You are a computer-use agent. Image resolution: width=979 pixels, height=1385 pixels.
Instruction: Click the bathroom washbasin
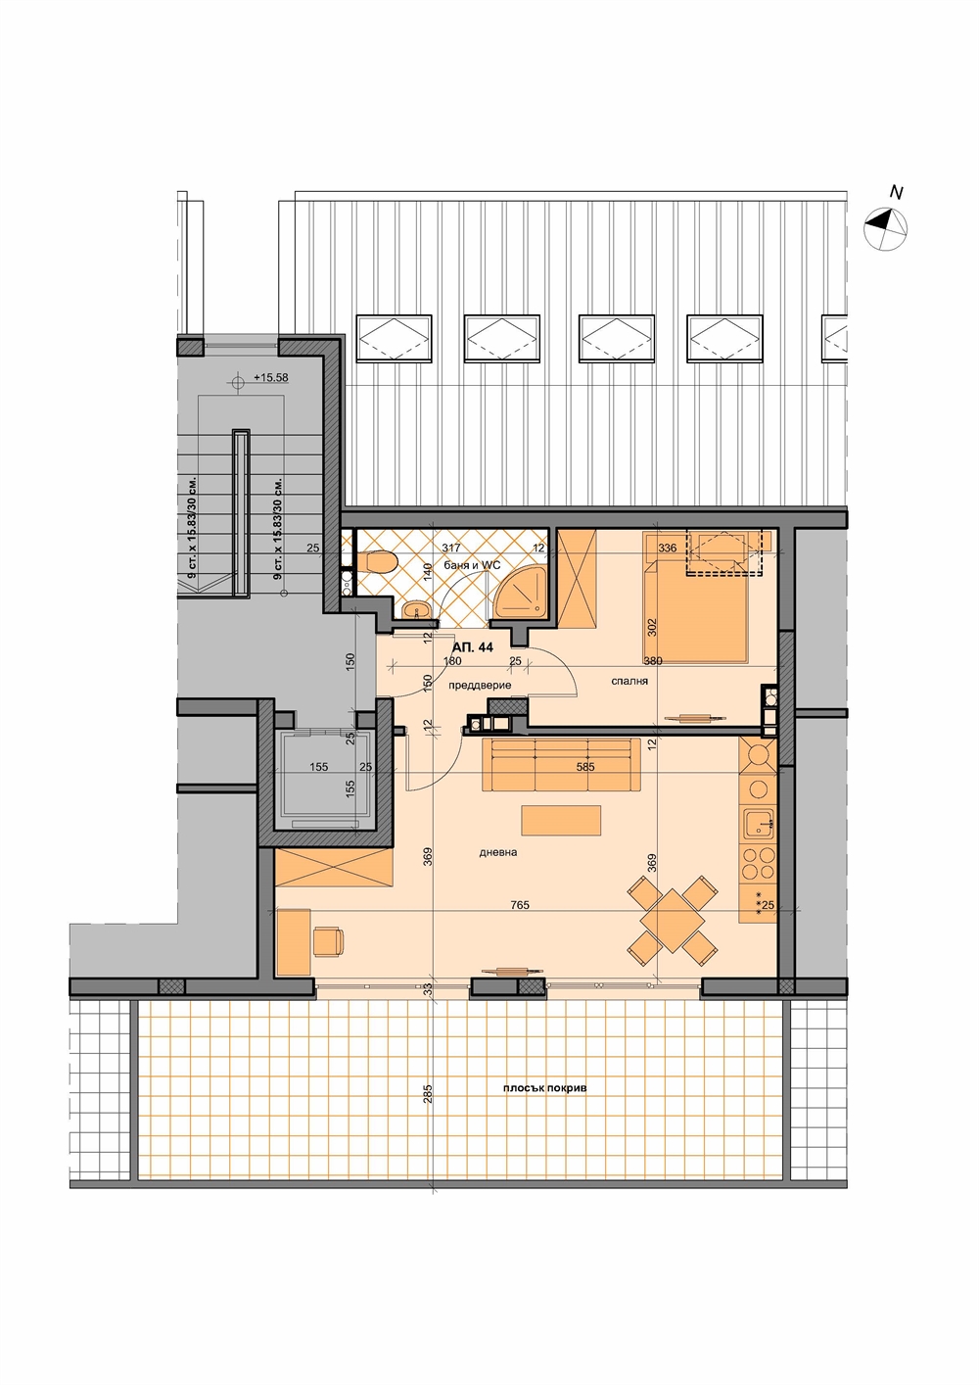(419, 610)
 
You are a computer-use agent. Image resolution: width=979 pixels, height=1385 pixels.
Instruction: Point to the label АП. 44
(473, 647)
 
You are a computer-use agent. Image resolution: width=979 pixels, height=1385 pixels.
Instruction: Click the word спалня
(629, 681)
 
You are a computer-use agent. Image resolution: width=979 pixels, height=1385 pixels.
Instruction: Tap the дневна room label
(498, 852)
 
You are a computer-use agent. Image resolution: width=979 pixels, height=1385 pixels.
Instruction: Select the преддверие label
(480, 685)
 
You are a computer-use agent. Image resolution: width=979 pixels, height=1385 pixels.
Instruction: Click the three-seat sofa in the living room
(561, 764)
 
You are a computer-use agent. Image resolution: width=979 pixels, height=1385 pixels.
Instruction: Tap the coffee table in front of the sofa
(561, 820)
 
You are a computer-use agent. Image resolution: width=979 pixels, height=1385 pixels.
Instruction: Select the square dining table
(673, 921)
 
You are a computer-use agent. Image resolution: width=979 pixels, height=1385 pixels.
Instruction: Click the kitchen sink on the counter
(759, 824)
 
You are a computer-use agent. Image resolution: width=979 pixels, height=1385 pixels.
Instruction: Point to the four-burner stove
(759, 863)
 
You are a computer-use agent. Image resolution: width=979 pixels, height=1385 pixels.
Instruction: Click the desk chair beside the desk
(328, 941)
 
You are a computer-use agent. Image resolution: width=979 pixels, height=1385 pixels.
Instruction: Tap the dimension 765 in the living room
(521, 905)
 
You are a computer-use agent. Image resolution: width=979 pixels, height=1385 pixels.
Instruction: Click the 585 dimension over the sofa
(584, 767)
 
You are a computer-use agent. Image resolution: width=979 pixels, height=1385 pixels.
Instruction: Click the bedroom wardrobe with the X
(578, 578)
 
